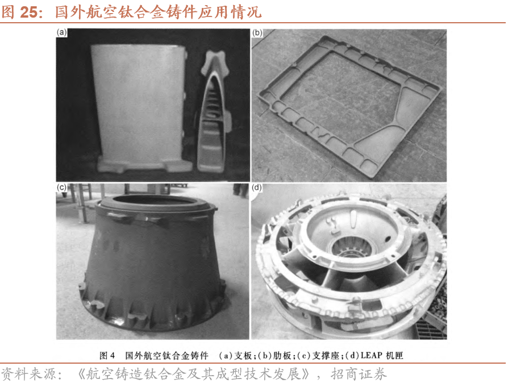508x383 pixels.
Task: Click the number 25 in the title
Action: (29, 12)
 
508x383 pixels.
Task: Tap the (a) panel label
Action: (61, 32)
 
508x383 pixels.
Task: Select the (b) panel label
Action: (257, 33)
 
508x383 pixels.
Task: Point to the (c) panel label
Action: (61, 188)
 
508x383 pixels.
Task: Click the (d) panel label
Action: (257, 188)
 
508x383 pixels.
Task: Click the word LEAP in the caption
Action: (371, 356)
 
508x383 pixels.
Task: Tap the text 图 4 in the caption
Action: (107, 356)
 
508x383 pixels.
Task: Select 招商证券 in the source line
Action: (359, 374)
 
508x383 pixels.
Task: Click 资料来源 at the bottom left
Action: (28, 374)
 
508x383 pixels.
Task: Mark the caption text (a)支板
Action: (235, 356)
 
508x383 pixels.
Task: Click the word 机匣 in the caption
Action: (394, 356)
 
